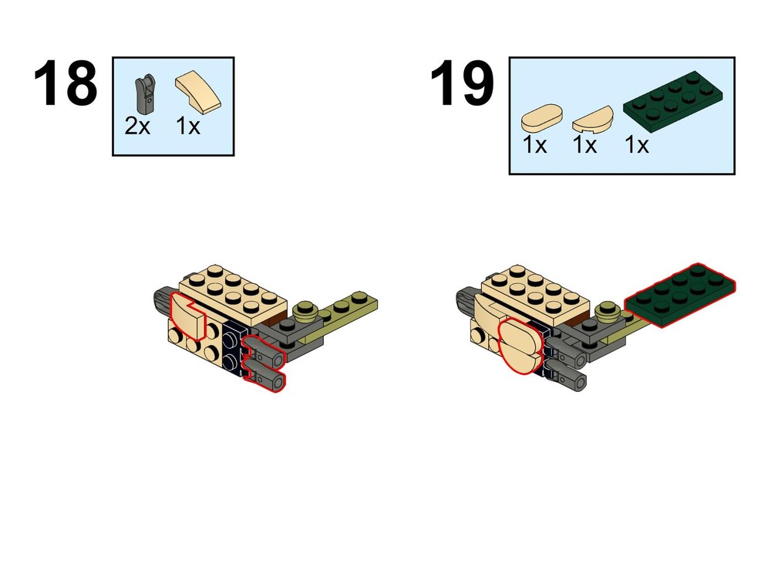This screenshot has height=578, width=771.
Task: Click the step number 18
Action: [66, 83]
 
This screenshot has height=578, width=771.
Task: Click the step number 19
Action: [462, 83]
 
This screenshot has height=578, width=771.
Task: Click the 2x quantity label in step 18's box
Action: [137, 126]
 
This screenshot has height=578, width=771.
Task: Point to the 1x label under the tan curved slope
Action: [188, 126]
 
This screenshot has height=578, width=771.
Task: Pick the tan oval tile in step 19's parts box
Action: [542, 117]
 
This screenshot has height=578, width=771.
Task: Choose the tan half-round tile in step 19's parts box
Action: [593, 120]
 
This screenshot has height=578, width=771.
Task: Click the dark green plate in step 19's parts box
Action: [673, 101]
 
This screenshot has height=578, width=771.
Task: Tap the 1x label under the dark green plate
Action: [637, 145]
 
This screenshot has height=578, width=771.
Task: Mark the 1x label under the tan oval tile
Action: [534, 145]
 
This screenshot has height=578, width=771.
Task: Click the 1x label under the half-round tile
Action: [585, 145]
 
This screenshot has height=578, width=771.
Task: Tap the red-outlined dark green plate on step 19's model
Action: [680, 296]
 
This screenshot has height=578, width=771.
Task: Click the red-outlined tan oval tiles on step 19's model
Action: [520, 345]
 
